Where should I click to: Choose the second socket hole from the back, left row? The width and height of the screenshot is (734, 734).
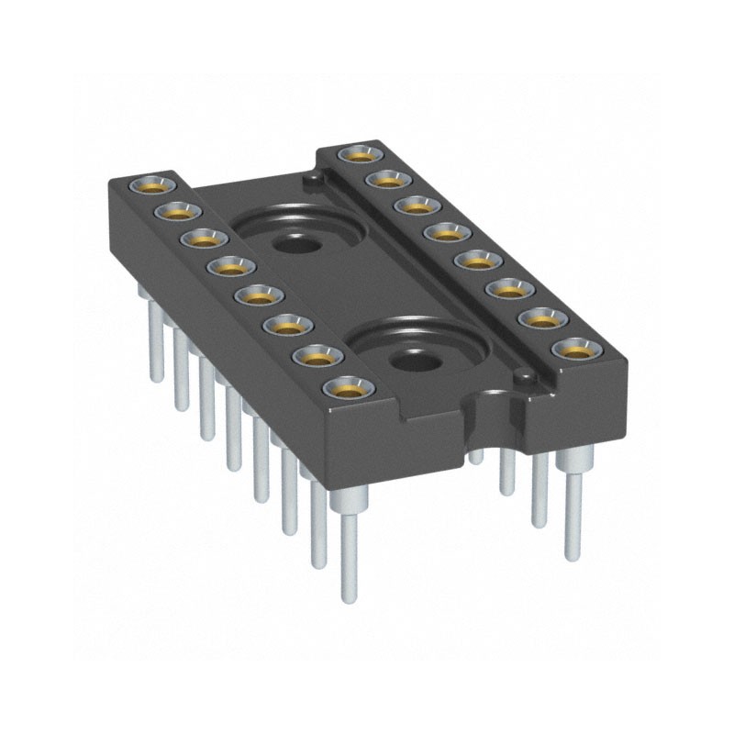(172, 211)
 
